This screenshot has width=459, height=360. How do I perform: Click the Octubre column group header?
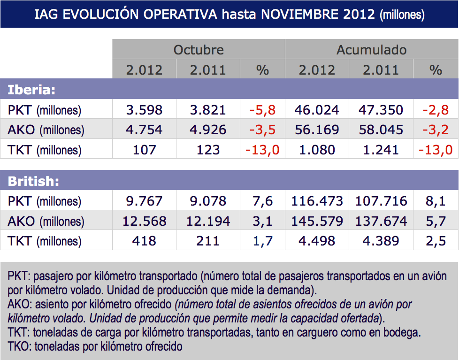coord(199,50)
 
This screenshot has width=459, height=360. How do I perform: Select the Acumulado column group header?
coord(371,50)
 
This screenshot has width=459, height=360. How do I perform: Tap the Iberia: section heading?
coord(32,90)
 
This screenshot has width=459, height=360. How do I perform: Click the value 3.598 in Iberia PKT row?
coord(144,110)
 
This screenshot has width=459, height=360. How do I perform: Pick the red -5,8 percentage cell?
coord(262,110)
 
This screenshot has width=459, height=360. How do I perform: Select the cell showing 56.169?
coord(317,130)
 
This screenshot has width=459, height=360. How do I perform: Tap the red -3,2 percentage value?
coord(436,130)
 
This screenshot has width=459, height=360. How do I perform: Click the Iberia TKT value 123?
coord(208,150)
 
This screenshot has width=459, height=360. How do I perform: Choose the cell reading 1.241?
coord(381,150)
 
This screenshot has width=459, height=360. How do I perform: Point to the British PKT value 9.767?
coord(144,201)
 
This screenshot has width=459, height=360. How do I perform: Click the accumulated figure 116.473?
coord(317,201)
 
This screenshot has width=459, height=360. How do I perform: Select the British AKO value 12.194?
coord(208,221)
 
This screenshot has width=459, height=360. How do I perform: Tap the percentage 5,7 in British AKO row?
coord(436,221)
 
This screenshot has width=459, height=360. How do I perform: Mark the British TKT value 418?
coord(144,241)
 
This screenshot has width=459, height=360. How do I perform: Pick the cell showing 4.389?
coord(381,241)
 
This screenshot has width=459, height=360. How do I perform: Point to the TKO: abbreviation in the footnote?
coord(19,347)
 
